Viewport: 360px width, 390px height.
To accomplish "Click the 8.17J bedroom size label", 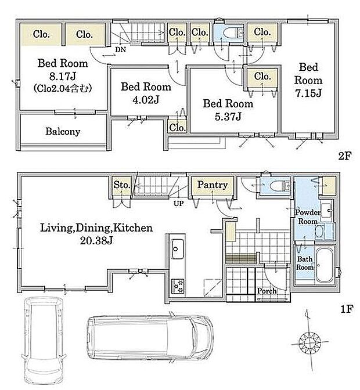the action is coord(63,76).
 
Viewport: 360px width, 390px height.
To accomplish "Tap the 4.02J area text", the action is coord(146,100).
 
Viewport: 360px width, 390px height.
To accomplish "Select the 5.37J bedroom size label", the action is coord(228,117).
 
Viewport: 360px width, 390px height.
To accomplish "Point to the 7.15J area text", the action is coord(308,93).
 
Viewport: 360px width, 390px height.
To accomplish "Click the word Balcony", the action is coord(63,132).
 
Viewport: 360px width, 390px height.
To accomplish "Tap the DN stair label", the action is coord(120,49).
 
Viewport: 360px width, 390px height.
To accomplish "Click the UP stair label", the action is coord(179,204).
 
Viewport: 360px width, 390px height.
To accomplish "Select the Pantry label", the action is coord(212,185).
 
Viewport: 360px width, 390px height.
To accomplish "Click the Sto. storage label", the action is coord(122,185).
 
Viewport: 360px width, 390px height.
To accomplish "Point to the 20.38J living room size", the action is coord(96,241).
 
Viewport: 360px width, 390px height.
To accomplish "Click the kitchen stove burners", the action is coord(178,286).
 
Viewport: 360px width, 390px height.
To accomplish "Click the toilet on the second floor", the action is coord(231,32).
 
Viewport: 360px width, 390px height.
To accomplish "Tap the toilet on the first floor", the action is coord(278,186).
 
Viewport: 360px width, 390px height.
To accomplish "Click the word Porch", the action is coord(267,291).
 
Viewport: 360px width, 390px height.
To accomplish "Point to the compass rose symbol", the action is coord(309,342).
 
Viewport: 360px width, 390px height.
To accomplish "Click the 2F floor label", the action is coord(344,156).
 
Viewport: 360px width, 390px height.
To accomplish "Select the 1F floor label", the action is coord(346,309).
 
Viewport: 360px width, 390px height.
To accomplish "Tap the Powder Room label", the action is coord(308,217).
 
